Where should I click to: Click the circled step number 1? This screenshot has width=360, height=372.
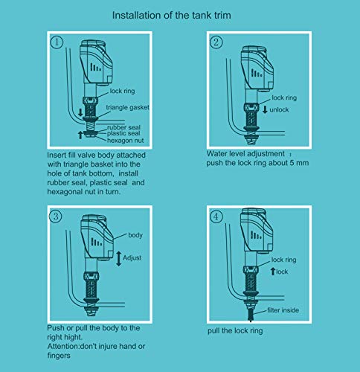point(57,42)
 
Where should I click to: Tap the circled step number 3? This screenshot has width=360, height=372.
point(56,218)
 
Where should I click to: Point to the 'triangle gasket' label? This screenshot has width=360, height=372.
point(129,107)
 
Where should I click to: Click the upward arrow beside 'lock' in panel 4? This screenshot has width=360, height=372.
point(271,272)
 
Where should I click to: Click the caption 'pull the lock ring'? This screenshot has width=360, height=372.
point(242,328)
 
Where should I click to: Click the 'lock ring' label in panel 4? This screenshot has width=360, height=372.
point(285,260)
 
